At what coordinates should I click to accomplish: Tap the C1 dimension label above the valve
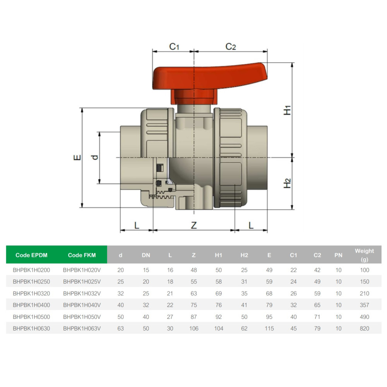(x=174, y=46)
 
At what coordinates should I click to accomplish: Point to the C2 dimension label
(x=231, y=46)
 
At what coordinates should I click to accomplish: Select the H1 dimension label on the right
(x=287, y=110)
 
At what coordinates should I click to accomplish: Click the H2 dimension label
(x=287, y=183)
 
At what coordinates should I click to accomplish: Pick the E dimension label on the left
(x=77, y=157)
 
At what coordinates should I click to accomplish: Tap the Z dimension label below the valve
(x=194, y=225)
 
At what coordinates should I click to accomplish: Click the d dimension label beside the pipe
(x=95, y=157)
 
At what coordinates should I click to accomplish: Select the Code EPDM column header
(x=31, y=255)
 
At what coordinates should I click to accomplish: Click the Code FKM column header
(x=82, y=255)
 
